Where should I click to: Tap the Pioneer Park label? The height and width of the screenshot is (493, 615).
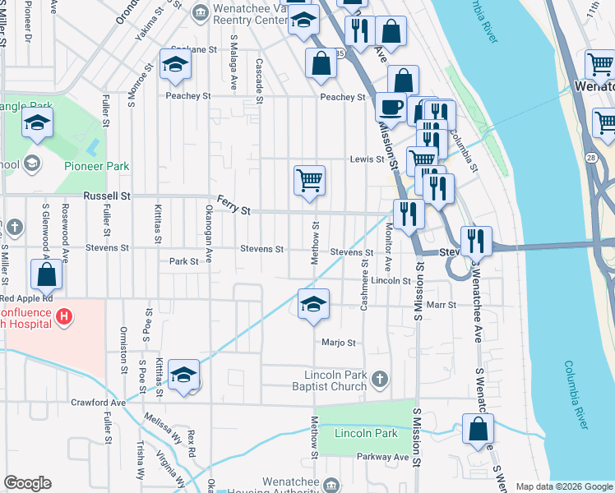pyautogui.click(x=97, y=166)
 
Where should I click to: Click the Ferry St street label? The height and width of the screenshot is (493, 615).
pyautogui.click(x=234, y=205)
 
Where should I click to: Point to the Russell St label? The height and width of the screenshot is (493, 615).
pyautogui.click(x=107, y=196)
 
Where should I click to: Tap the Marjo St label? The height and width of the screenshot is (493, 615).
pyautogui.click(x=338, y=343)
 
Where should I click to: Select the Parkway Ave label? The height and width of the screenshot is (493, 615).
pyautogui.click(x=382, y=457)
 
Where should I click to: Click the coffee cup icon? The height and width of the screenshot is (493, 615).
pyautogui.click(x=391, y=106)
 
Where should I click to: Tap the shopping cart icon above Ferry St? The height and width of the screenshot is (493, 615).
pyautogui.click(x=309, y=179)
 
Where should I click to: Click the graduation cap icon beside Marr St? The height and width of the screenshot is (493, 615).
pyautogui.click(x=313, y=304)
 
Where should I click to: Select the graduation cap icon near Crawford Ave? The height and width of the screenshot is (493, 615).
pyautogui.click(x=184, y=376)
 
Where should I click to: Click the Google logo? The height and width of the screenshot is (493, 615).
pyautogui.click(x=27, y=483)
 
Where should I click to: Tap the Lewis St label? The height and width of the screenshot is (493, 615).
pyautogui.click(x=367, y=159)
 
